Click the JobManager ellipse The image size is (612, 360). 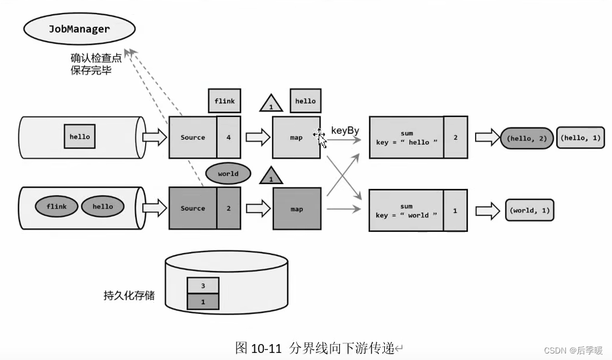80,29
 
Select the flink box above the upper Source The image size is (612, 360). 224,101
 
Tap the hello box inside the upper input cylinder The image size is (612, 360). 80,137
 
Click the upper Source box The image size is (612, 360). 193,138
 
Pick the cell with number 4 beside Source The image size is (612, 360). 228,138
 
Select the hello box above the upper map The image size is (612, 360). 305,101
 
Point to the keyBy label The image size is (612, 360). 345,130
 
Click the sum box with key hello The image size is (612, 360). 407,138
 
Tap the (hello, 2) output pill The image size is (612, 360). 526,138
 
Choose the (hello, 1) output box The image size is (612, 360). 580,138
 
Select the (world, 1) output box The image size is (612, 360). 529,210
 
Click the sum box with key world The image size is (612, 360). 407,211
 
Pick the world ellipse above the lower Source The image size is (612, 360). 228,174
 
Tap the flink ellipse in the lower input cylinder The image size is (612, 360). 57,207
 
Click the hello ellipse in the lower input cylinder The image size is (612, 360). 103,207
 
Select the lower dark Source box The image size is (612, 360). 193,208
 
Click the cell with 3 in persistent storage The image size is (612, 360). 203,286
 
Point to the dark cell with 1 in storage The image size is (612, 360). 203,302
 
